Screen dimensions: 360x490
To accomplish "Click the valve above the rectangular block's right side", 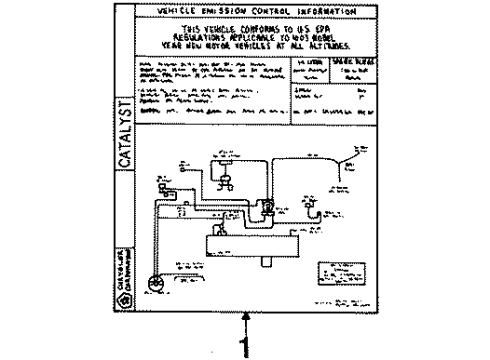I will [x=267, y=208].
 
